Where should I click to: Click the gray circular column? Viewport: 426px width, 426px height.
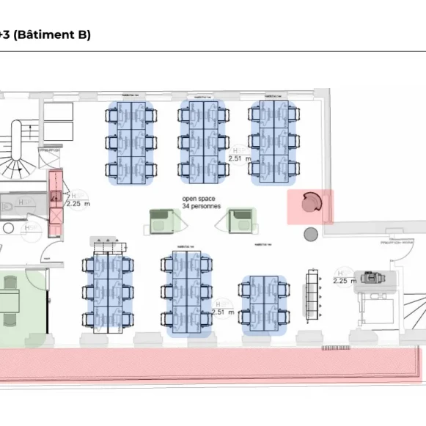click(311, 234)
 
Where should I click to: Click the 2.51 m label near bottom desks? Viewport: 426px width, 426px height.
click(222, 312)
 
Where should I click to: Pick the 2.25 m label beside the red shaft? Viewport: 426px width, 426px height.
click(78, 204)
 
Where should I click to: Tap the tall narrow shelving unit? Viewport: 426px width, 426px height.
click(312, 293)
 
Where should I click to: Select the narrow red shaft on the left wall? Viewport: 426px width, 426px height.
click(54, 204)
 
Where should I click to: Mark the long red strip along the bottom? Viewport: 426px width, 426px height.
click(213, 367)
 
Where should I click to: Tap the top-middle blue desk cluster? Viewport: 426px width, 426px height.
click(203, 140)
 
